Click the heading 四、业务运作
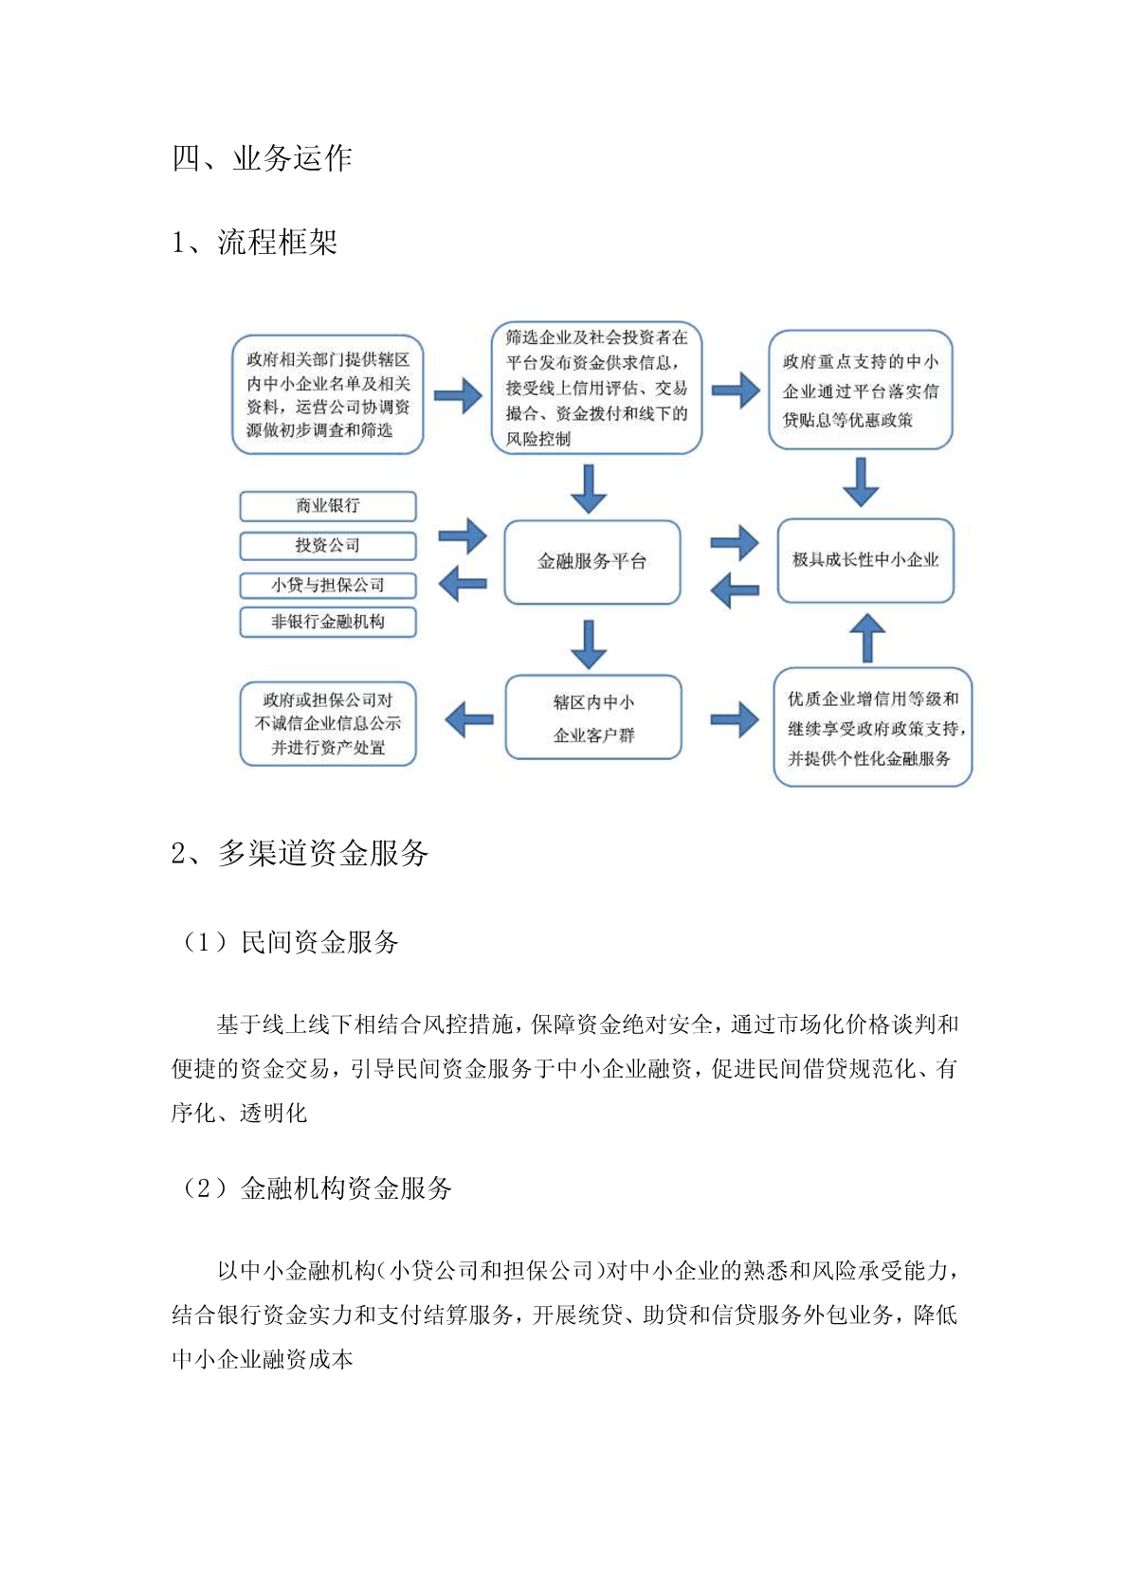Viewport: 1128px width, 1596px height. point(263,157)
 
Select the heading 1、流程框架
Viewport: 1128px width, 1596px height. point(254,243)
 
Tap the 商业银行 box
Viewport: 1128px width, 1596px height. point(328,506)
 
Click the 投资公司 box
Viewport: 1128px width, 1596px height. point(328,546)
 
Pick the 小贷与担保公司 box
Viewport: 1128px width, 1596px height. point(328,585)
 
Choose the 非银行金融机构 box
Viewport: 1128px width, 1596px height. point(328,622)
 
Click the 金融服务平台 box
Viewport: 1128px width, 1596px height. point(592,562)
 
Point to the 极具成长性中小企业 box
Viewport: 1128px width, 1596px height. point(865,560)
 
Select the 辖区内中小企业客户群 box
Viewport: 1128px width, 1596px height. point(593,716)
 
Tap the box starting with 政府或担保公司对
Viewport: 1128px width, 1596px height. point(328,723)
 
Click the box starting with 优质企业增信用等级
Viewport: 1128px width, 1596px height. point(873,727)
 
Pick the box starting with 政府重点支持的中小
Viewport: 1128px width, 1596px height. point(861,390)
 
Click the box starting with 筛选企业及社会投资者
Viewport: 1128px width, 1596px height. point(596,388)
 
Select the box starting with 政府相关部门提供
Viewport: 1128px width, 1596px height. point(328,394)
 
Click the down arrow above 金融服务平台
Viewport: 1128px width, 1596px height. point(590,489)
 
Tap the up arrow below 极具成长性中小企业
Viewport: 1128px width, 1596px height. point(868,638)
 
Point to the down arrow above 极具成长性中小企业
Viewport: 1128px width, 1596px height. point(861,481)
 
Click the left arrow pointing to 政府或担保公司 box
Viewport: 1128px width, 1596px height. point(469,719)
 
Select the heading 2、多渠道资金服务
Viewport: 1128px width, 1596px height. point(300,853)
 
